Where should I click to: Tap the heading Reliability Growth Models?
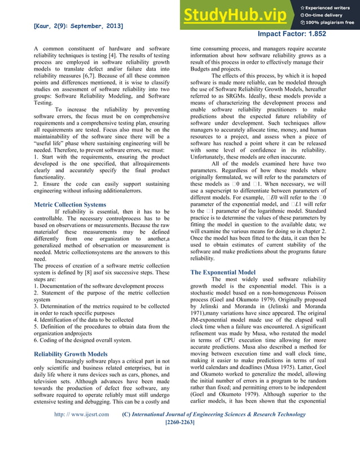coord(71,354)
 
